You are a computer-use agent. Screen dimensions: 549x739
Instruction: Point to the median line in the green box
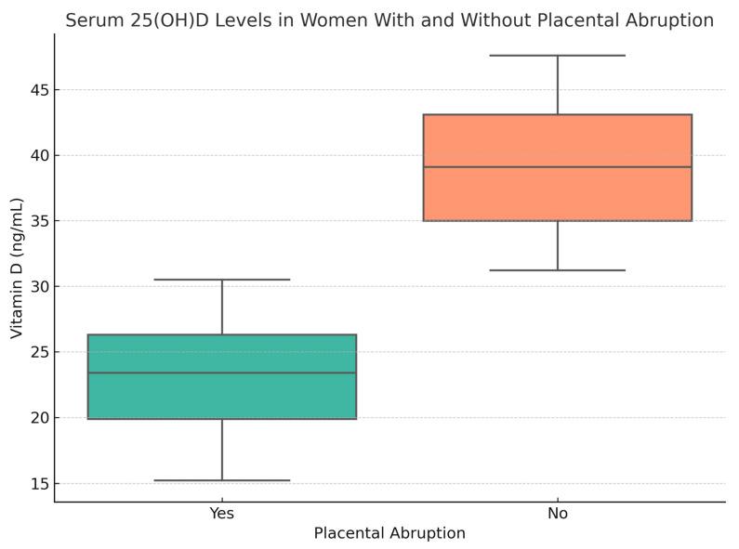(222, 373)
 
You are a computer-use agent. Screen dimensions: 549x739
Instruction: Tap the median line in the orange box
(558, 167)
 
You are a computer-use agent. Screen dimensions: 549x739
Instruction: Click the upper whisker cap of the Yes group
(222, 280)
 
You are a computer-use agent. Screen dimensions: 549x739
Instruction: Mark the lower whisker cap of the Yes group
(222, 480)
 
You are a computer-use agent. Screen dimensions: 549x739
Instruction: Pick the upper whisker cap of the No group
(558, 56)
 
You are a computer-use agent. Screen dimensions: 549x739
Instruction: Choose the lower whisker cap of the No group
(558, 270)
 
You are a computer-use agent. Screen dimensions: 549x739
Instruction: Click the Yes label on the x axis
(222, 513)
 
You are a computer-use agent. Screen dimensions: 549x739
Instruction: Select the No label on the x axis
(558, 513)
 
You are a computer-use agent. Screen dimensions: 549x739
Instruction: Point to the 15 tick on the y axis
(37, 484)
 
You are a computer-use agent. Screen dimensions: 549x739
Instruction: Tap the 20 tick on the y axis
(37, 418)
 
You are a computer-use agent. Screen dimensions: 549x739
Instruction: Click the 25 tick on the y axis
(37, 352)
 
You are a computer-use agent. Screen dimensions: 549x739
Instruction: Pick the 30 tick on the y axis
(37, 286)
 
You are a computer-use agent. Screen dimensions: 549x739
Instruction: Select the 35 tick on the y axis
(37, 221)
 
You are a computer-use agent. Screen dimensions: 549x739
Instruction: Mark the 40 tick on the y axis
(37, 155)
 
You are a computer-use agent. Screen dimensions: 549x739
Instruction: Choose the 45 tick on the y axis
(37, 90)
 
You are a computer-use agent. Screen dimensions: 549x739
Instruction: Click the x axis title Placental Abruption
(389, 534)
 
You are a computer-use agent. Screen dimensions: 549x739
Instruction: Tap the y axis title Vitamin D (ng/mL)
(17, 268)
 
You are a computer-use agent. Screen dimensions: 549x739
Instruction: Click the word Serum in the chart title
(91, 20)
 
